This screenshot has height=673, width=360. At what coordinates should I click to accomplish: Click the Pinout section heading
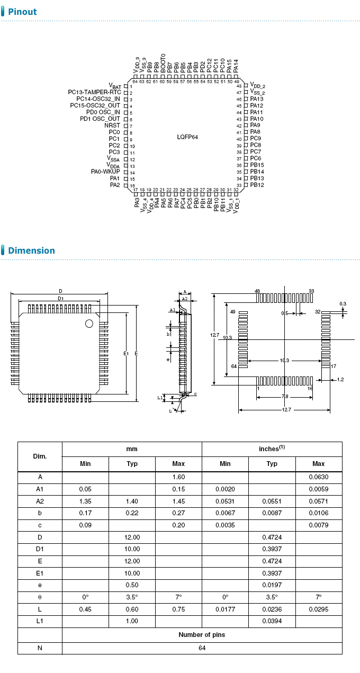point(22,12)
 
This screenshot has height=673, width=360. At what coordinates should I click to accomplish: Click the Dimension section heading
point(31,250)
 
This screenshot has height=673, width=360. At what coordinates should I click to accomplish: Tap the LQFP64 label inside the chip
point(187,137)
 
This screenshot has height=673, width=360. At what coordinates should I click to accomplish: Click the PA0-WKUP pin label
point(105,172)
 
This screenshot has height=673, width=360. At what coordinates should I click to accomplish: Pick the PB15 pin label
point(257,165)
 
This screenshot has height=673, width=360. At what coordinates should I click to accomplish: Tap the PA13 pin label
point(257,99)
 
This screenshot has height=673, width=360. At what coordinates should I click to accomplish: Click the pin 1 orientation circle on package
point(89,323)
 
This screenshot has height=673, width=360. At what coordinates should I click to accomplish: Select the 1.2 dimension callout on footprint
point(340,380)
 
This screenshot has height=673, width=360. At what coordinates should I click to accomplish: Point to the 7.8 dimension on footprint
point(285,397)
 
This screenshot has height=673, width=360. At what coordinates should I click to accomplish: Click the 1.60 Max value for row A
point(178,477)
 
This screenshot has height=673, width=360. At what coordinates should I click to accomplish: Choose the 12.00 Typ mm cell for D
point(132,537)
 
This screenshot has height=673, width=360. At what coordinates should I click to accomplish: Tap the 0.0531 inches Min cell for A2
point(225,501)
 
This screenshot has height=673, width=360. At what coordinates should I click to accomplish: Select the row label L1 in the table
point(40,621)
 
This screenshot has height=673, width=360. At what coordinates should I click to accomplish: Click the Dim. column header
point(40,456)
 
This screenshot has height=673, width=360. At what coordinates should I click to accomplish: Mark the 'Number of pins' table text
point(202,634)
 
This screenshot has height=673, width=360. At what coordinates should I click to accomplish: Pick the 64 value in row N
point(202,648)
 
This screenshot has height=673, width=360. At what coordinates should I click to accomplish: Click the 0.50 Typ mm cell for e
point(132,585)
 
